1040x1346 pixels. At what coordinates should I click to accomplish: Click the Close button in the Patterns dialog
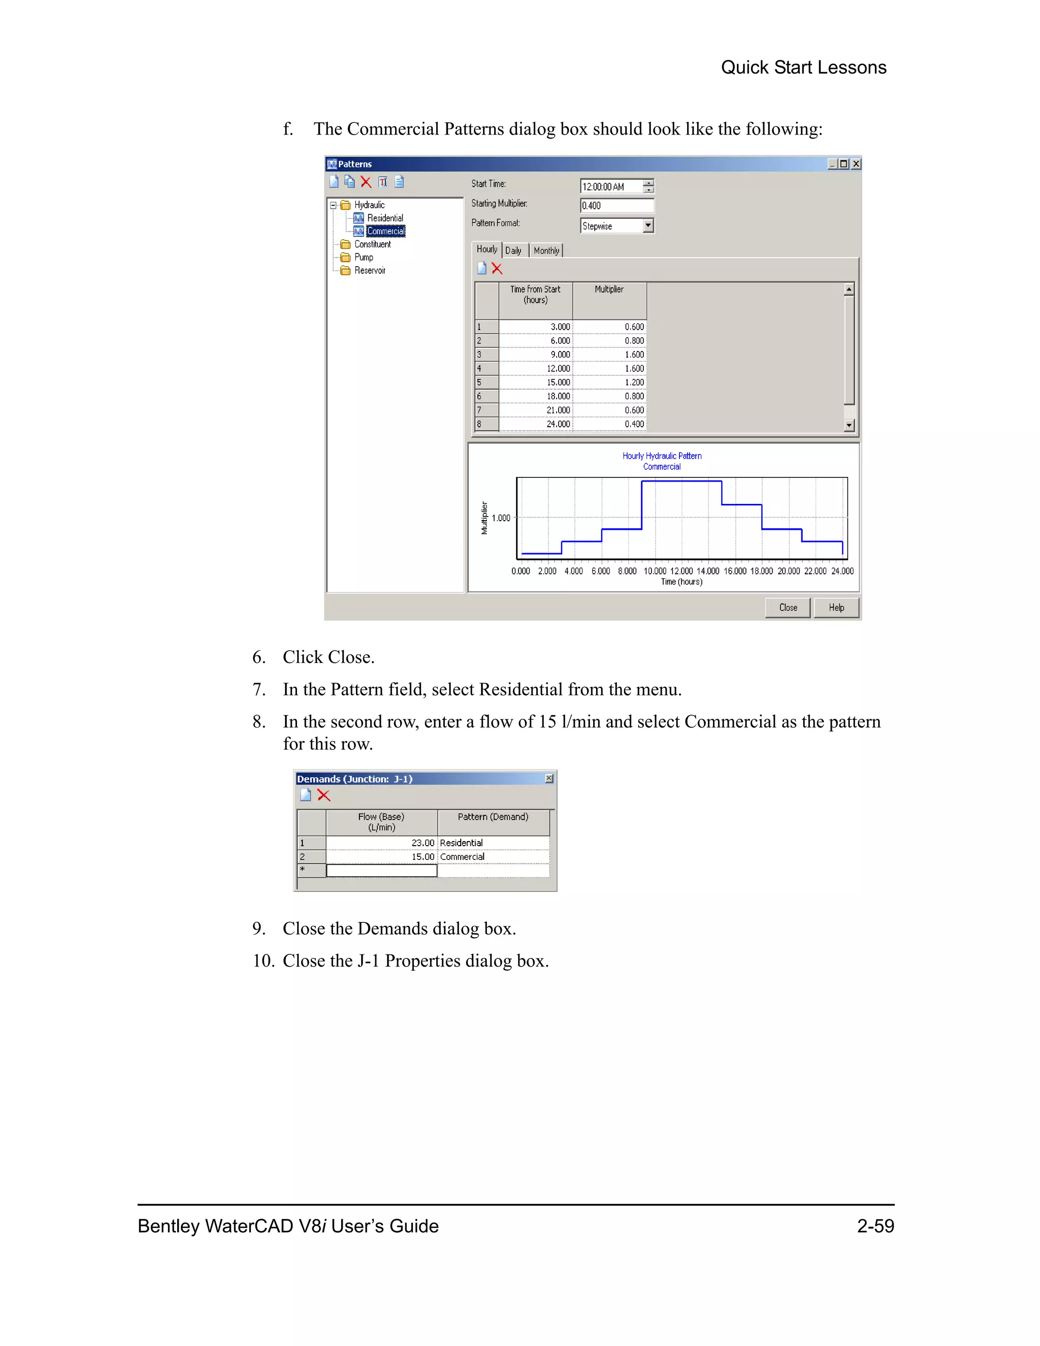pos(788,607)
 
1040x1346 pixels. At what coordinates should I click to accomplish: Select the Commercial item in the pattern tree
pos(386,231)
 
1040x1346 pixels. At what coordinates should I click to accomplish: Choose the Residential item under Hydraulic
pos(385,218)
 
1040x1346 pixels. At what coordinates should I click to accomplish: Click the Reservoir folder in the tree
pos(369,271)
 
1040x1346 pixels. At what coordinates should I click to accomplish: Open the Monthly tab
pos(546,251)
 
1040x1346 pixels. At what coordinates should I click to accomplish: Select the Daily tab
pos(513,251)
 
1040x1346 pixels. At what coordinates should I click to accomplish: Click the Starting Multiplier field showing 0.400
pos(616,206)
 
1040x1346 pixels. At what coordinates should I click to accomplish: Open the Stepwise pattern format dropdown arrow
pos(647,226)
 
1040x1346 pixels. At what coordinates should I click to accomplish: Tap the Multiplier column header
pos(609,290)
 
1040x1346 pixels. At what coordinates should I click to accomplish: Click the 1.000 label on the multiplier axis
pos(501,518)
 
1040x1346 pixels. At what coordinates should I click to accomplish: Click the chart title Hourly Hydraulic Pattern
pos(662,456)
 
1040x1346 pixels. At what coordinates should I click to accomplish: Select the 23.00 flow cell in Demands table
pos(382,843)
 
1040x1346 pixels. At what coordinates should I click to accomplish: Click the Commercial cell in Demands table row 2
pos(493,857)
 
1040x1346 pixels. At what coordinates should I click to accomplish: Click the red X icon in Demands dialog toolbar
pos(323,795)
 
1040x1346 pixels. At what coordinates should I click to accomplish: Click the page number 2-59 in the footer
pos(875,1227)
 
